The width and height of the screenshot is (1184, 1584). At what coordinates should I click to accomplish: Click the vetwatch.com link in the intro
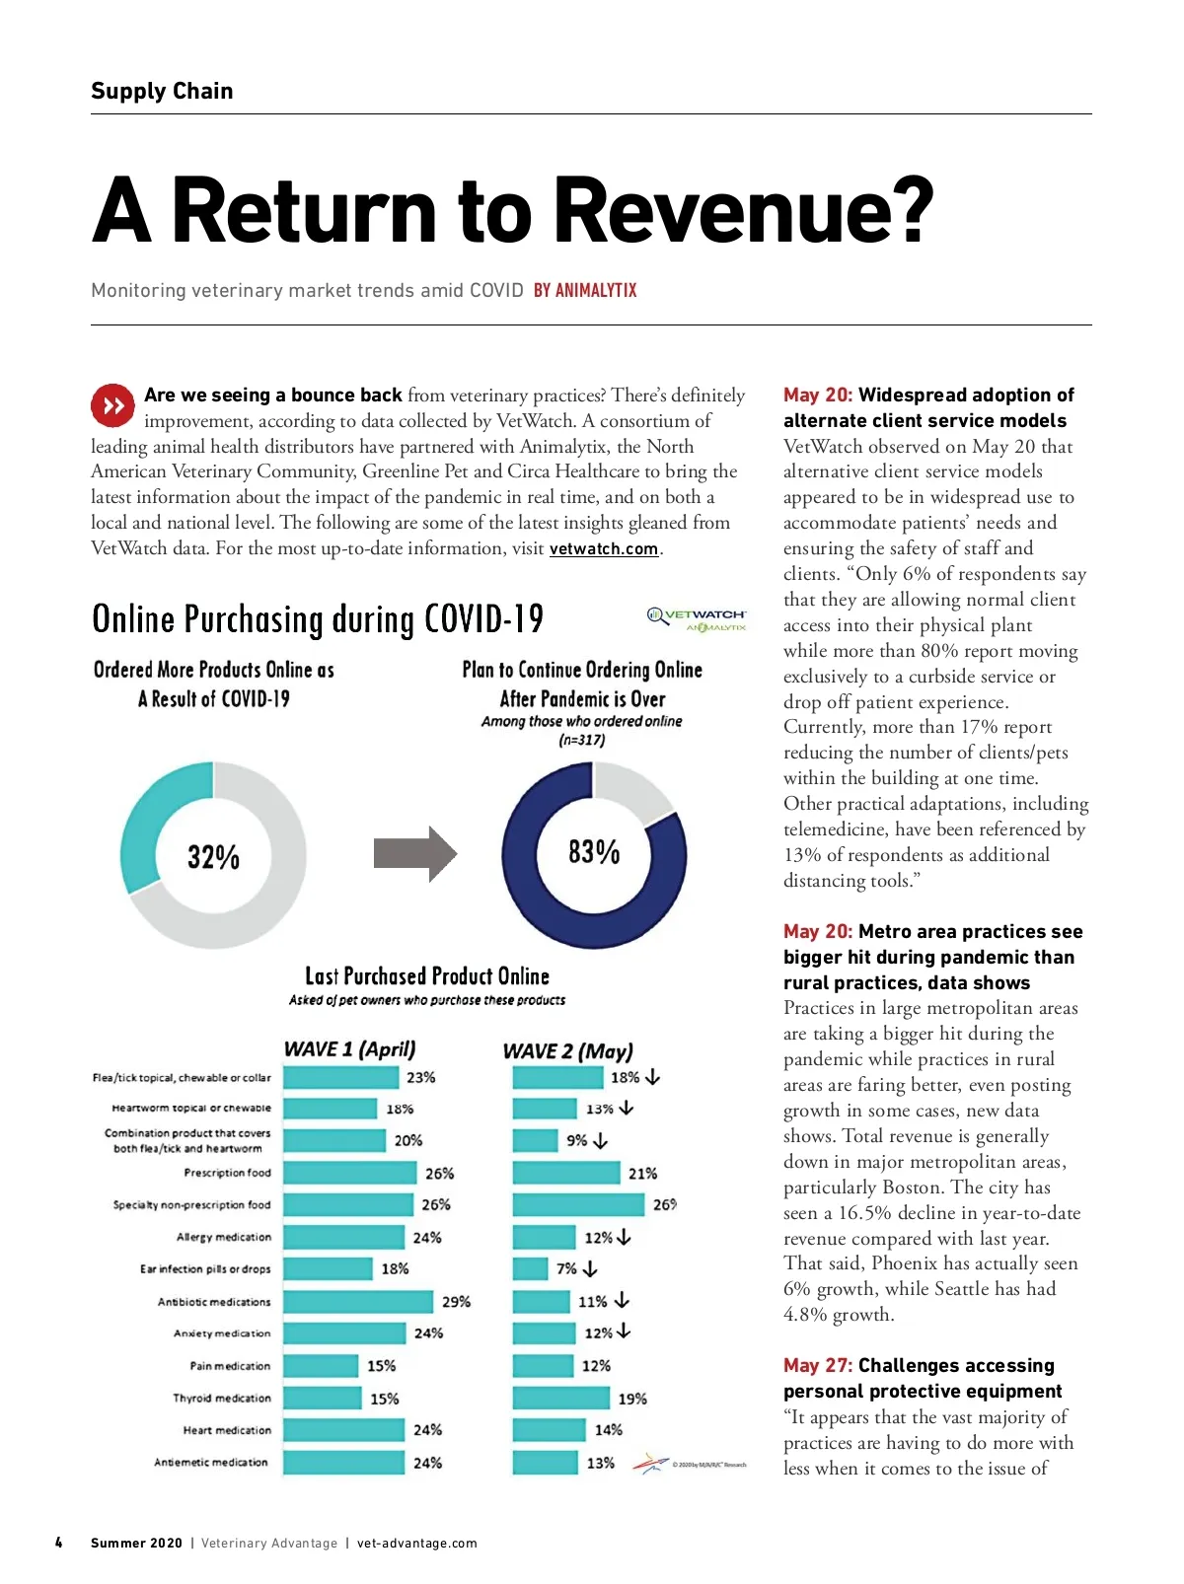pos(603,549)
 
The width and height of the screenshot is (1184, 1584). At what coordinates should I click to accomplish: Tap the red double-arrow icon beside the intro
pos(112,404)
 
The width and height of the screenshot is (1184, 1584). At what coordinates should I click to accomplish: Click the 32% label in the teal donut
pos(213,857)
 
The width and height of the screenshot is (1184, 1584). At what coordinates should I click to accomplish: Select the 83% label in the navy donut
pos(594,851)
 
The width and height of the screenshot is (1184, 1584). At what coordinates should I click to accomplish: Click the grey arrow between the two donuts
pos(414,853)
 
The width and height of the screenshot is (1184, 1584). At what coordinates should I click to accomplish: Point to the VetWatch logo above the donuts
pos(698,619)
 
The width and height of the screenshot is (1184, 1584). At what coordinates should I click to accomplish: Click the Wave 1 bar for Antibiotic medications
pos(357,1302)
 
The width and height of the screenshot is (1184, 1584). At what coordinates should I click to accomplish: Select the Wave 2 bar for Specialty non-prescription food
pos(578,1204)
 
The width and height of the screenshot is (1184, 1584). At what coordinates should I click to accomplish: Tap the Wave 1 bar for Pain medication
pos(321,1366)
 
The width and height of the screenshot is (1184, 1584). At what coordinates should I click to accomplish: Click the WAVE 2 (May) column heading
pos(567,1051)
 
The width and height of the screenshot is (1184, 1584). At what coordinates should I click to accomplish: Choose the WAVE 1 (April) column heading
pos(349,1049)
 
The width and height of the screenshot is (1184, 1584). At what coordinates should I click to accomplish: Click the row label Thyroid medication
pos(221,1399)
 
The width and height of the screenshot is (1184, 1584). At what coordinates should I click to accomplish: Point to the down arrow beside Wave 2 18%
pos(653,1077)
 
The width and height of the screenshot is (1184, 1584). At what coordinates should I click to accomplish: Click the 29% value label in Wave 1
pos(456,1302)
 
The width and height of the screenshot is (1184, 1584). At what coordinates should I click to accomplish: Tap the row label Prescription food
pos(227,1173)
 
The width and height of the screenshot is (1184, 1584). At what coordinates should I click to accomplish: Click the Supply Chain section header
pos(162,91)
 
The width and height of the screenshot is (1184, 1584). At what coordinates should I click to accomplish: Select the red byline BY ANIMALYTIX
pos(585,291)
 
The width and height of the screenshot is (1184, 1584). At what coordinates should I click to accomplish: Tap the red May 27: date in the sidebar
pos(817,1366)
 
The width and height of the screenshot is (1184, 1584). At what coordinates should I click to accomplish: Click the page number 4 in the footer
pos(58,1543)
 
